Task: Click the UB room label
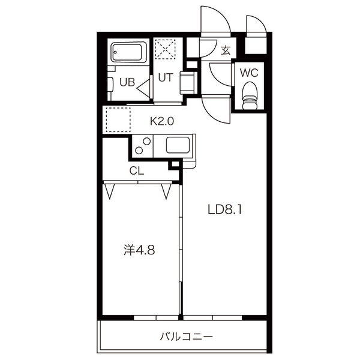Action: pos(127,83)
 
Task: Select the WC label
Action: pos(249,73)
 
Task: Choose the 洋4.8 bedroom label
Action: pos(139,250)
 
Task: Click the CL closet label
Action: pos(137,170)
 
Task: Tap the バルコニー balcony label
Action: pos(186,336)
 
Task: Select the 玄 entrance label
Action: pos(226,50)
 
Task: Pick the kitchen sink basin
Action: pos(177,145)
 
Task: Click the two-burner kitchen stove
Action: pos(143,146)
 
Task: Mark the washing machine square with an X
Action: pos(166,49)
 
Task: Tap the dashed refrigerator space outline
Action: pos(117,119)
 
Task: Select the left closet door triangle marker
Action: pos(110,191)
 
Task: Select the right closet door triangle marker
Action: pos(166,191)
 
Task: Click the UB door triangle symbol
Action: pos(144,88)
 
